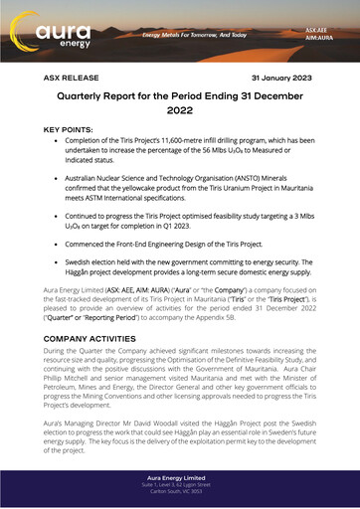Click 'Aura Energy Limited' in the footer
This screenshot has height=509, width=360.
[x=179, y=477]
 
